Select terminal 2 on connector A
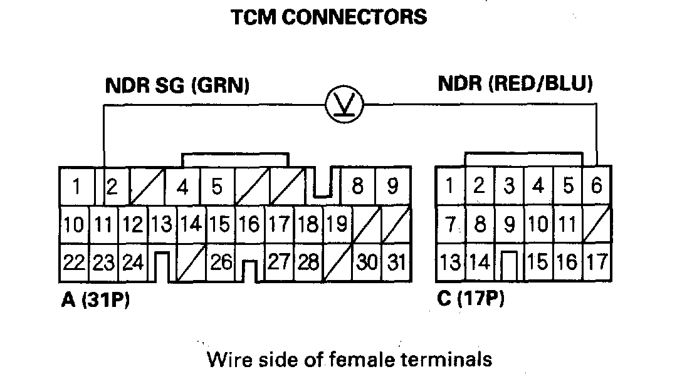point(113,187)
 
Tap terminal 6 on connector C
point(597,186)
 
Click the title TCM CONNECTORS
point(329,17)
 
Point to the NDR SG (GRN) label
point(177,85)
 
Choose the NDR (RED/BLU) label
point(515,83)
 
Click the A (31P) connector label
point(95,301)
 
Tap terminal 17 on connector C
point(597,261)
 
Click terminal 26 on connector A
point(221,262)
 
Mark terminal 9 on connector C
point(509,224)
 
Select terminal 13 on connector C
point(449,262)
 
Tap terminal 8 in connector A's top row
point(358,187)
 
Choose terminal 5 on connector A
point(217,187)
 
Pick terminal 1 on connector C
point(449,186)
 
